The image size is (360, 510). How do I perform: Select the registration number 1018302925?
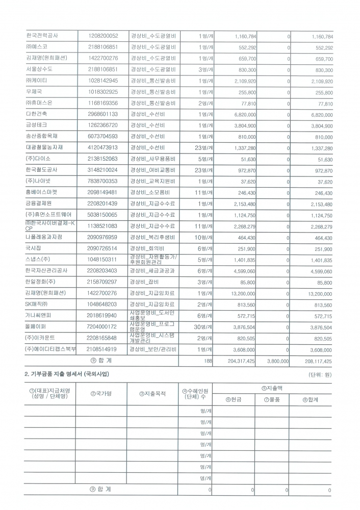pyautogui.click(x=102, y=92)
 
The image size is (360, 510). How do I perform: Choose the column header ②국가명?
pyautogui.click(x=101, y=394)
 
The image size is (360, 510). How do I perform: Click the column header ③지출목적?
pyautogui.click(x=152, y=394)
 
